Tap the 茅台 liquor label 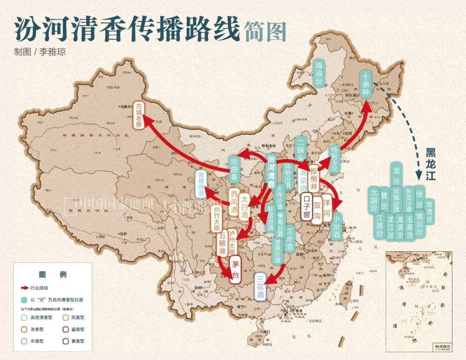pos(235,269)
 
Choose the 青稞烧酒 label pos(201,184)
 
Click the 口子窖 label pos(306,206)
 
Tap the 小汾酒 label pos(337,226)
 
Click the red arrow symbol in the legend pos(25,287)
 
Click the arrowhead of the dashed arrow pos(418,175)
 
